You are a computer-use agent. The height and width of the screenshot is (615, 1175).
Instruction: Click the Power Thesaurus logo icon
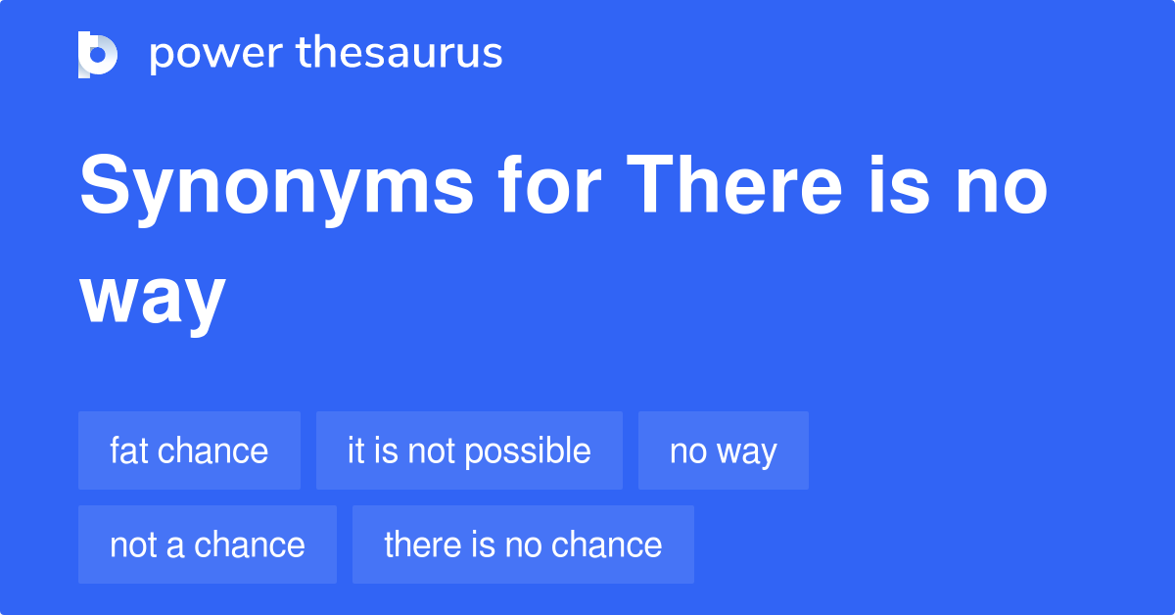[98, 54]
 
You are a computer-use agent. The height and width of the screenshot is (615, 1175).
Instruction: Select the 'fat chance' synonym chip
[189, 450]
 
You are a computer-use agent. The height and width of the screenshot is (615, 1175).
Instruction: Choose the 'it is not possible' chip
[469, 450]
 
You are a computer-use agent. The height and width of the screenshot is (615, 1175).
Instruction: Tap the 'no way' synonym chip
[723, 450]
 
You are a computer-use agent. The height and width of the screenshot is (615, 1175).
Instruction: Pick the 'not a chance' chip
[208, 544]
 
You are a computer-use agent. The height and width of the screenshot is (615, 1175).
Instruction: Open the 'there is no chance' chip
[523, 544]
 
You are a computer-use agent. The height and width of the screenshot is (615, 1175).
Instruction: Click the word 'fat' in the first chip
[128, 450]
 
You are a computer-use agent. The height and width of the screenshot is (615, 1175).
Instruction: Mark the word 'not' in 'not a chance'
[132, 544]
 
